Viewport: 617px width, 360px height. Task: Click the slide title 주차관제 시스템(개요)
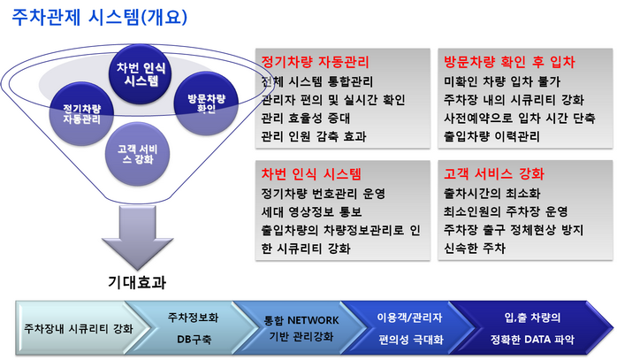coord(100,18)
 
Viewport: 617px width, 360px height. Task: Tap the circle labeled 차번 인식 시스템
coord(140,74)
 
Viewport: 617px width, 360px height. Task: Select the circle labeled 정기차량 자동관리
coord(82,114)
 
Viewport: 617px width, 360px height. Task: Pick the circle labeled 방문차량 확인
coord(206,103)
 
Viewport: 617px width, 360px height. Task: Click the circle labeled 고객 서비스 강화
coord(137,154)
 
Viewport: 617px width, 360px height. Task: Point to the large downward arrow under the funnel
coord(137,237)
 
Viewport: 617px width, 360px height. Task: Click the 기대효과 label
coord(137,282)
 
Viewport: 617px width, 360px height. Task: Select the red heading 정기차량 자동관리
coord(316,62)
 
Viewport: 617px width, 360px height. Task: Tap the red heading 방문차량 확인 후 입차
coord(509,62)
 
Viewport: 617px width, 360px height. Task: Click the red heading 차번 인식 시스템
coord(311,173)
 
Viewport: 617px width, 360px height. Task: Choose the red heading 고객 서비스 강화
coord(494,173)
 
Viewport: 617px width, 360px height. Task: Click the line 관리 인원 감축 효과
coord(314,136)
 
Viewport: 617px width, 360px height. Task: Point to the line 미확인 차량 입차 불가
coord(502,81)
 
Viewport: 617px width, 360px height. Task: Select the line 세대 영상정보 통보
coord(311,212)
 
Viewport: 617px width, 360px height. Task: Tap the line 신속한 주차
coord(475,249)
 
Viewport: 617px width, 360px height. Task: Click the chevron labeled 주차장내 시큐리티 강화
coord(79,328)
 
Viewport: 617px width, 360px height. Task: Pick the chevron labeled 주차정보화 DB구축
coord(193,328)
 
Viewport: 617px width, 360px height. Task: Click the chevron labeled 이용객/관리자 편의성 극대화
coord(410,328)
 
